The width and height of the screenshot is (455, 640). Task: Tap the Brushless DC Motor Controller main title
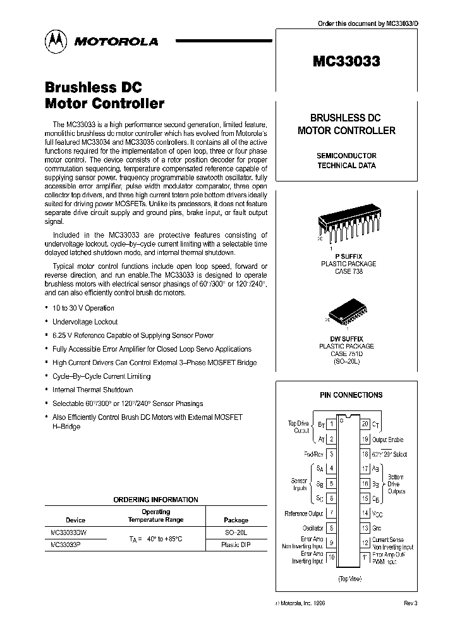pos(104,95)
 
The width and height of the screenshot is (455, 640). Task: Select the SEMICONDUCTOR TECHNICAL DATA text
pos(346,161)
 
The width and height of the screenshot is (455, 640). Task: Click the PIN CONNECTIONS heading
pos(351,395)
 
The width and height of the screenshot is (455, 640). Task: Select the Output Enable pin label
pos(387,439)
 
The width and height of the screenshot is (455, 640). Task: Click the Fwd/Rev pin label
pos(313,453)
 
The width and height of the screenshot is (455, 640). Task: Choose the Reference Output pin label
pos(304,514)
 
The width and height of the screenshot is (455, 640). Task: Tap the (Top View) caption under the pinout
pos(350,579)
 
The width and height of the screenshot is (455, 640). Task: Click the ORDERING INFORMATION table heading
pos(155,500)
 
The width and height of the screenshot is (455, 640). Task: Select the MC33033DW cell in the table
pos(68,532)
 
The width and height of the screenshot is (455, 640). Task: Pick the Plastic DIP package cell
pos(236,545)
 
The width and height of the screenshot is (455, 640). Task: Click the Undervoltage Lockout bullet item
pos(85,322)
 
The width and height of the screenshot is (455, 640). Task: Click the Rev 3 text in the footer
pos(410,603)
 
